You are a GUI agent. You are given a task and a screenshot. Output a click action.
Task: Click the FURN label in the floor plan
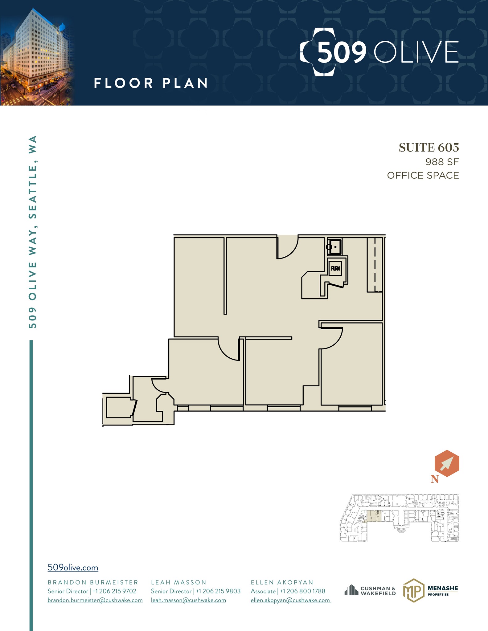pyautogui.click(x=335, y=268)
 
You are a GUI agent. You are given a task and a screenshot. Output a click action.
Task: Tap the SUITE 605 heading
pyautogui.click(x=429, y=148)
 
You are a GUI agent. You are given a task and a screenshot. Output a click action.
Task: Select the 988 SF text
pyautogui.click(x=442, y=161)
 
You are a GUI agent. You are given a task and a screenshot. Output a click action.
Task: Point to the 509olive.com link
pyautogui.click(x=73, y=568)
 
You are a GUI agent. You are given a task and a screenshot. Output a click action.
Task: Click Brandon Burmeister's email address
pyautogui.click(x=95, y=600)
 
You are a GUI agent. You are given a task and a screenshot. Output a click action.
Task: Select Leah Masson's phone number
pyautogui.click(x=218, y=591)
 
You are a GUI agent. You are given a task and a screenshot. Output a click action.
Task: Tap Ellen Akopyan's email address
pyautogui.click(x=290, y=600)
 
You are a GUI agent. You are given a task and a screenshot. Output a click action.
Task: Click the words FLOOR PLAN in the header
pyautogui.click(x=151, y=83)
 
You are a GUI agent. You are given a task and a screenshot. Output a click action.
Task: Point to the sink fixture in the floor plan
pyautogui.click(x=334, y=247)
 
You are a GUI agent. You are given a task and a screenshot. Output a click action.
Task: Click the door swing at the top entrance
pyautogui.click(x=288, y=247)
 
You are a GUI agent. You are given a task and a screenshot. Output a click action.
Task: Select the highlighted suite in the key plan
pyautogui.click(x=374, y=516)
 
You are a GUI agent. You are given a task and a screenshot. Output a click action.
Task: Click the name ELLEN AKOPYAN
pyautogui.click(x=282, y=582)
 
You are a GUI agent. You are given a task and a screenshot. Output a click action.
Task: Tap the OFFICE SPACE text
pyautogui.click(x=423, y=175)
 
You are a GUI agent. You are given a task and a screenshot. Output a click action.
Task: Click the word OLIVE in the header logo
pyautogui.click(x=416, y=52)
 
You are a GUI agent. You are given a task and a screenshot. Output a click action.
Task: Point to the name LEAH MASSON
pyautogui.click(x=178, y=582)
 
